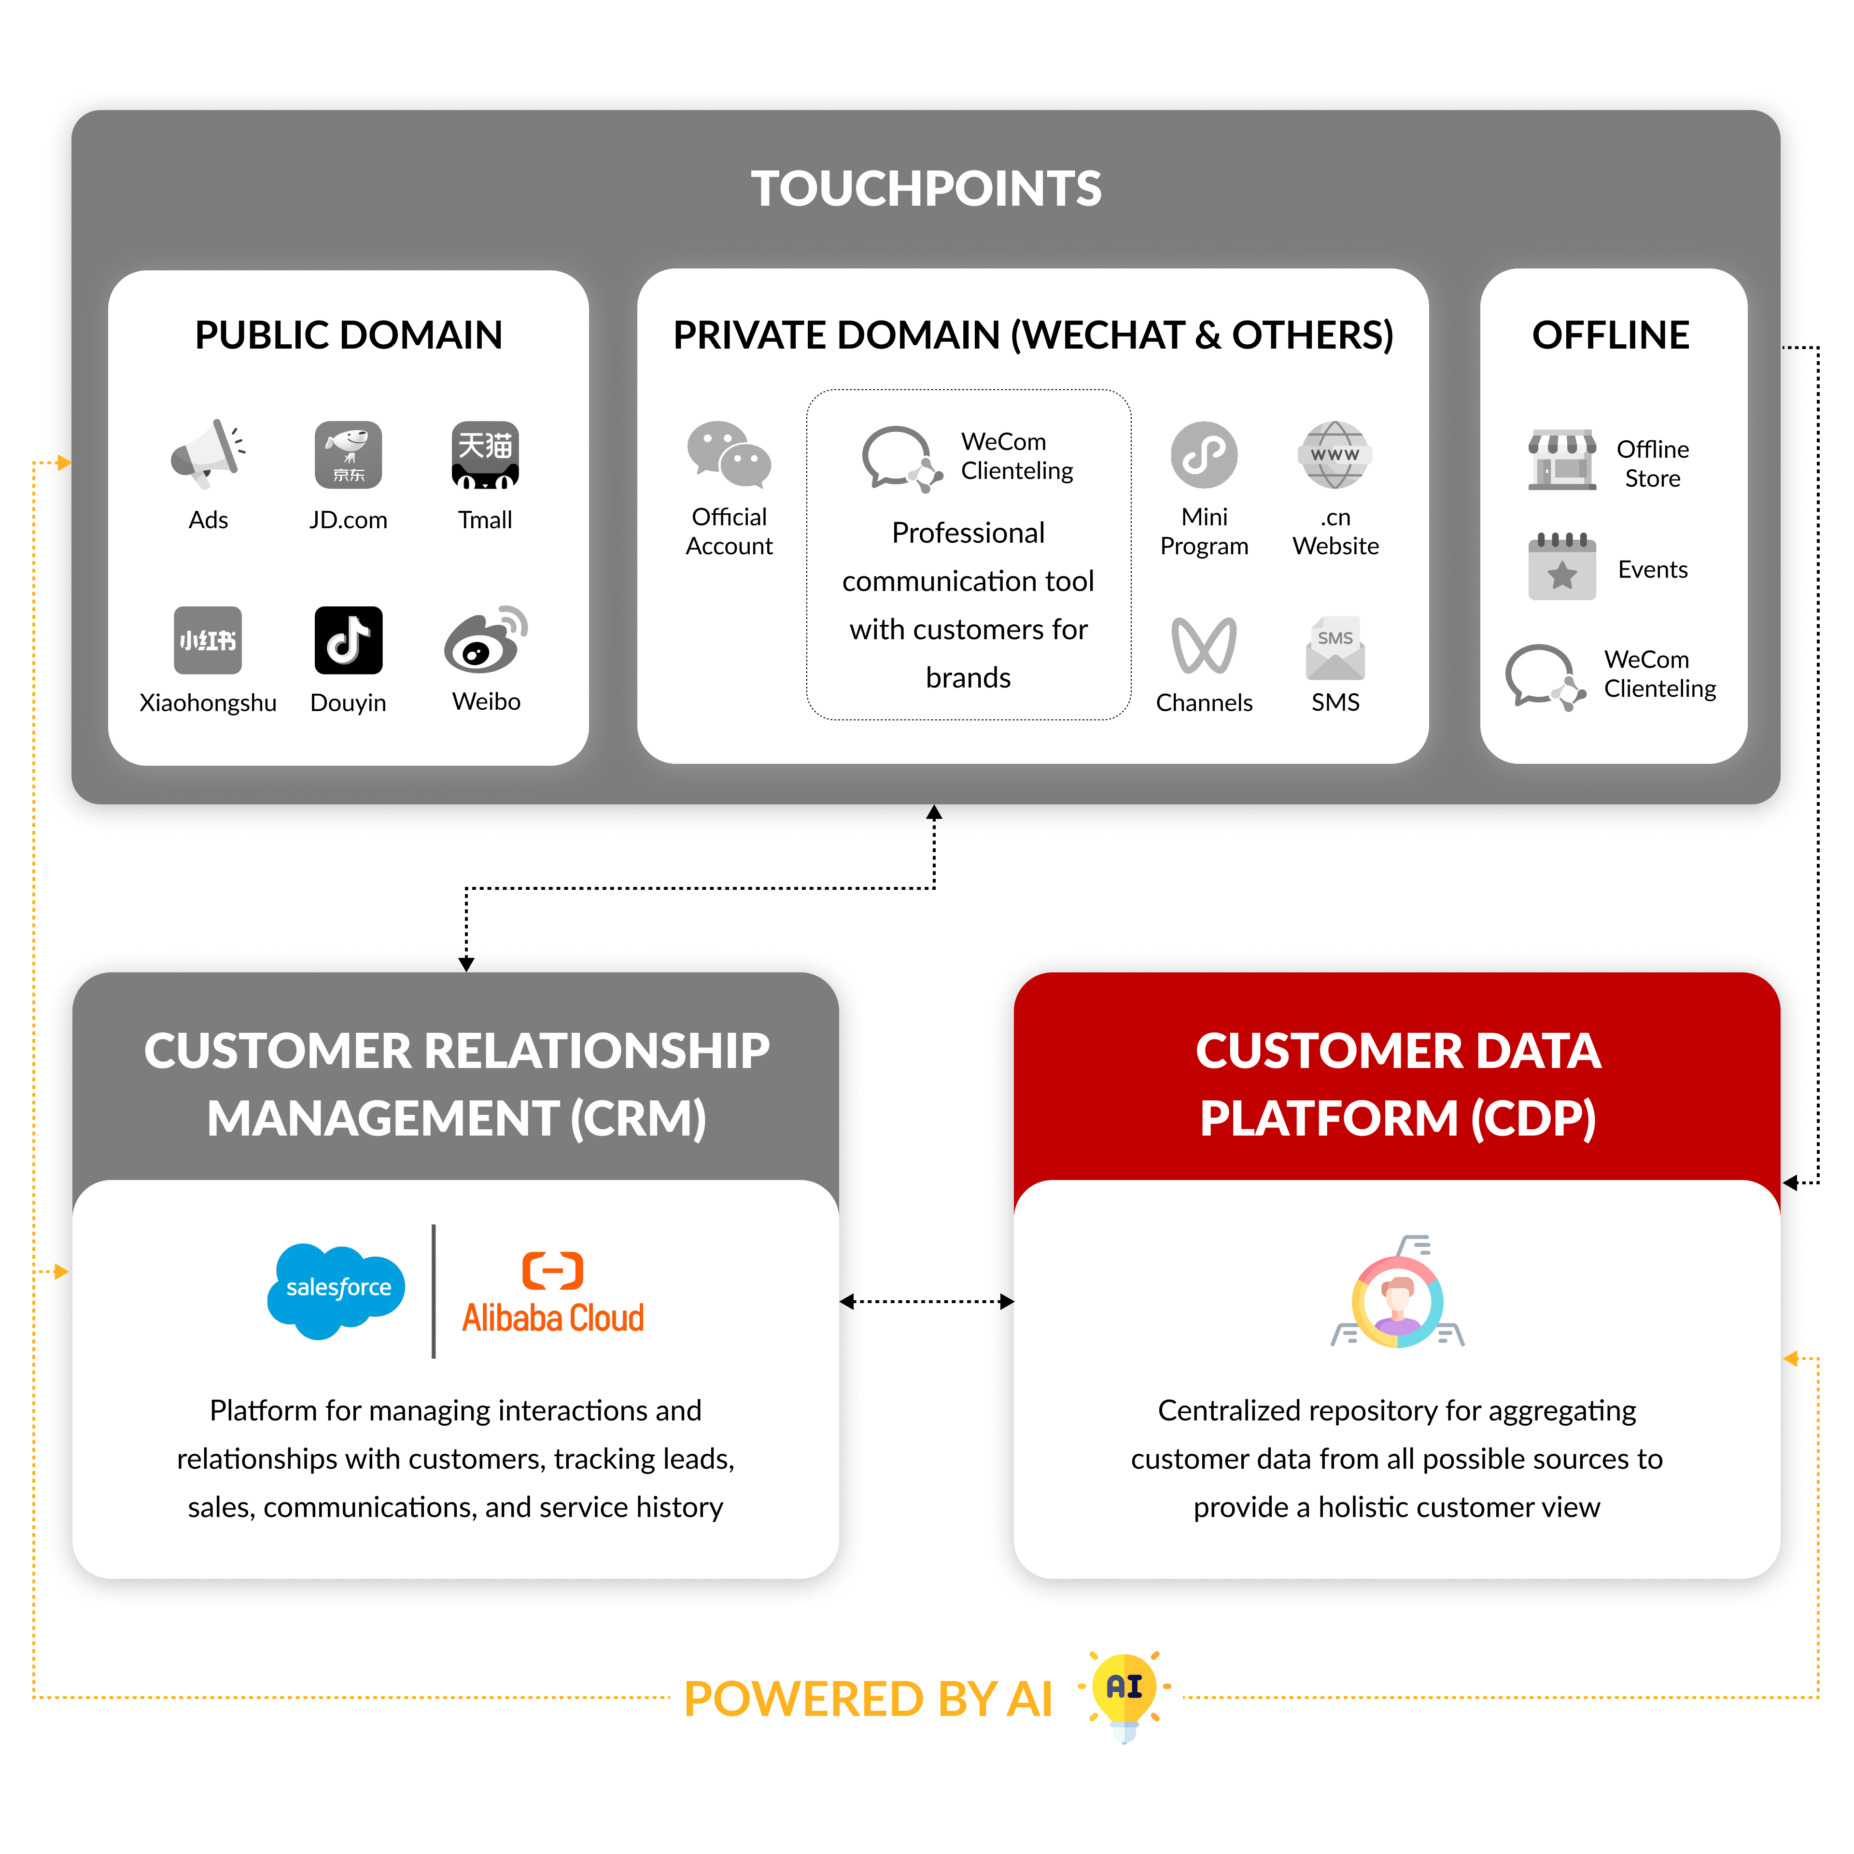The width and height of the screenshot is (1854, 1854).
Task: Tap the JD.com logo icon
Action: tap(348, 455)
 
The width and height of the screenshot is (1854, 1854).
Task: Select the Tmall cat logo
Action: tap(486, 455)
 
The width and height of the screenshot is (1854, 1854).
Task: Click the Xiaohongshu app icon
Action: tap(208, 640)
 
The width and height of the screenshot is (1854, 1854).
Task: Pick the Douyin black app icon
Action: tap(348, 640)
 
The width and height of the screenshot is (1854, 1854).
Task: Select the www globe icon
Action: tap(1335, 455)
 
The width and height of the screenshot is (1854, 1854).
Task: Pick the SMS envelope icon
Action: tap(1335, 648)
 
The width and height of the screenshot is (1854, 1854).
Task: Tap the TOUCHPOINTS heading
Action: tap(926, 188)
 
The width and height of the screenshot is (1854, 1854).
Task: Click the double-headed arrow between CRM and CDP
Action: tap(926, 1301)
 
